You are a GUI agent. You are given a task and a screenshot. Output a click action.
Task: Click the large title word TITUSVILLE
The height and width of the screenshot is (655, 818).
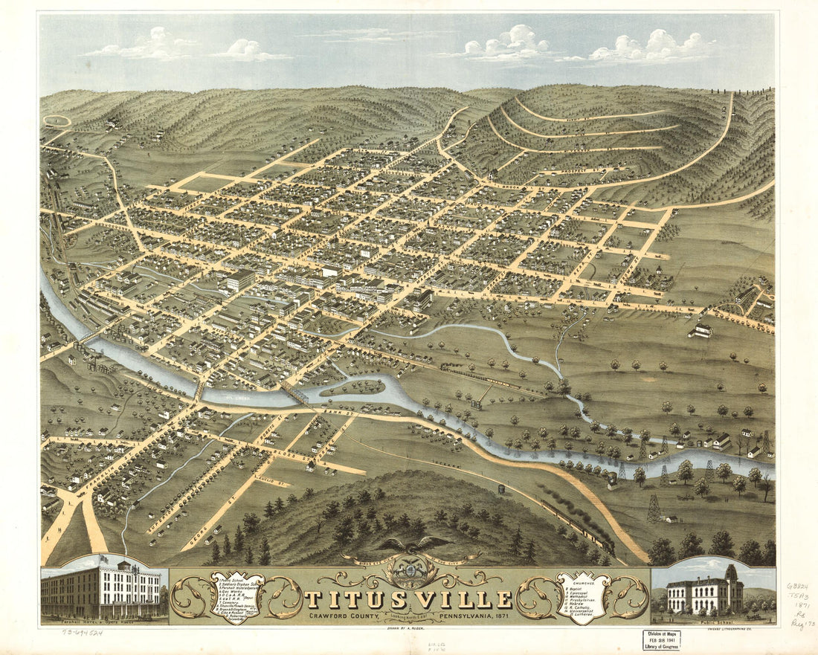(410, 598)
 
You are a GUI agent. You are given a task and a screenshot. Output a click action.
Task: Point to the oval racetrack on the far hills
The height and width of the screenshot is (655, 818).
(57, 120)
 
